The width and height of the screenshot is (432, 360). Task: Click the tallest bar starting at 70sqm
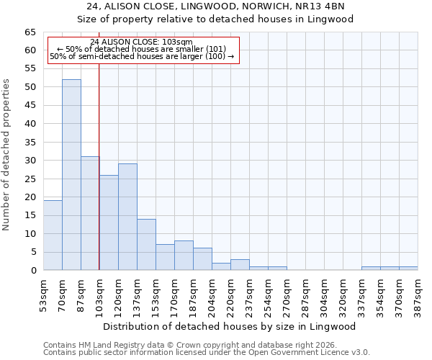[71, 175]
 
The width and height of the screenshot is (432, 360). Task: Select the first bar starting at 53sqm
[53, 235]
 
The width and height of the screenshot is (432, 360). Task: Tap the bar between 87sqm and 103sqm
[90, 213]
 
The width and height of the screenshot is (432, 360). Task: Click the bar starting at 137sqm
[146, 245]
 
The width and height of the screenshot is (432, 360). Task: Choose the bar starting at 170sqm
[184, 256]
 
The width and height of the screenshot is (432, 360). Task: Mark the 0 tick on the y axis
[32, 271]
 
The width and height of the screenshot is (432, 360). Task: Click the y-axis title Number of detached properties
[7, 155]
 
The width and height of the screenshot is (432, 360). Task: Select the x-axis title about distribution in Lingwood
[230, 326]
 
